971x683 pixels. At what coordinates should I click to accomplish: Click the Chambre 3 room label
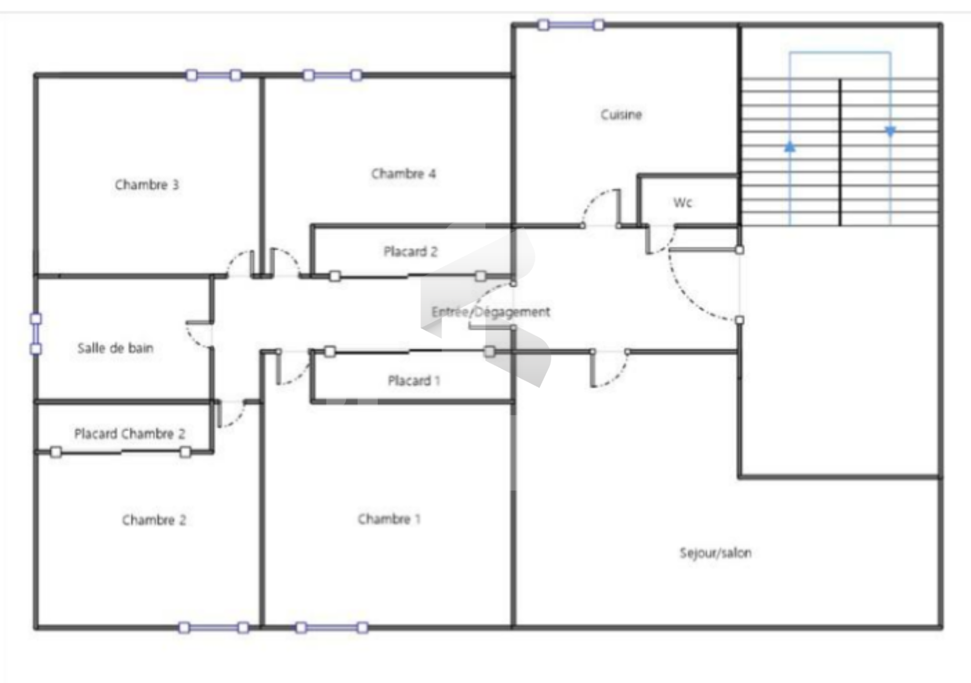[x=147, y=185]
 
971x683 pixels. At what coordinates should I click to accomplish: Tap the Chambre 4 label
[x=404, y=174]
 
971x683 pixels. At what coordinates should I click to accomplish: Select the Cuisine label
[x=622, y=115]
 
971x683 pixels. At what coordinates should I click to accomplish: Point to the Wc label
[x=683, y=203]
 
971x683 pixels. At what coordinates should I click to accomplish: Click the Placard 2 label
[x=411, y=251]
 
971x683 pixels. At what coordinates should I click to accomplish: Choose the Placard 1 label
[x=414, y=380]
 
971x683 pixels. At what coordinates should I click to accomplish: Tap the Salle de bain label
[x=115, y=348]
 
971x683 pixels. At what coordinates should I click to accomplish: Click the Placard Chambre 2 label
[x=130, y=433]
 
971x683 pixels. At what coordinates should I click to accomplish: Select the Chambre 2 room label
[x=154, y=520]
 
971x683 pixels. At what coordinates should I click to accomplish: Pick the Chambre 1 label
[x=389, y=519]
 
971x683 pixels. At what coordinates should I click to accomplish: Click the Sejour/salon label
[x=716, y=553]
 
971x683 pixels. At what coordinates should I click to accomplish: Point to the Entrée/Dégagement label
[x=491, y=312]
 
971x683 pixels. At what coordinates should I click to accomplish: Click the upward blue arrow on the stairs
[x=790, y=147]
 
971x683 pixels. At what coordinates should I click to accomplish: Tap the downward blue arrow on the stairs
[x=891, y=131]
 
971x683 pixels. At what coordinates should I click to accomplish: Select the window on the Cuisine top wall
[x=571, y=25]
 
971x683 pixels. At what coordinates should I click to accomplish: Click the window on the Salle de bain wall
[x=36, y=334]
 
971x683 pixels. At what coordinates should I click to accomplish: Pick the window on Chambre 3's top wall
[x=213, y=75]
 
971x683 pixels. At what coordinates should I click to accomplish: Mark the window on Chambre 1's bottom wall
[x=332, y=628]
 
